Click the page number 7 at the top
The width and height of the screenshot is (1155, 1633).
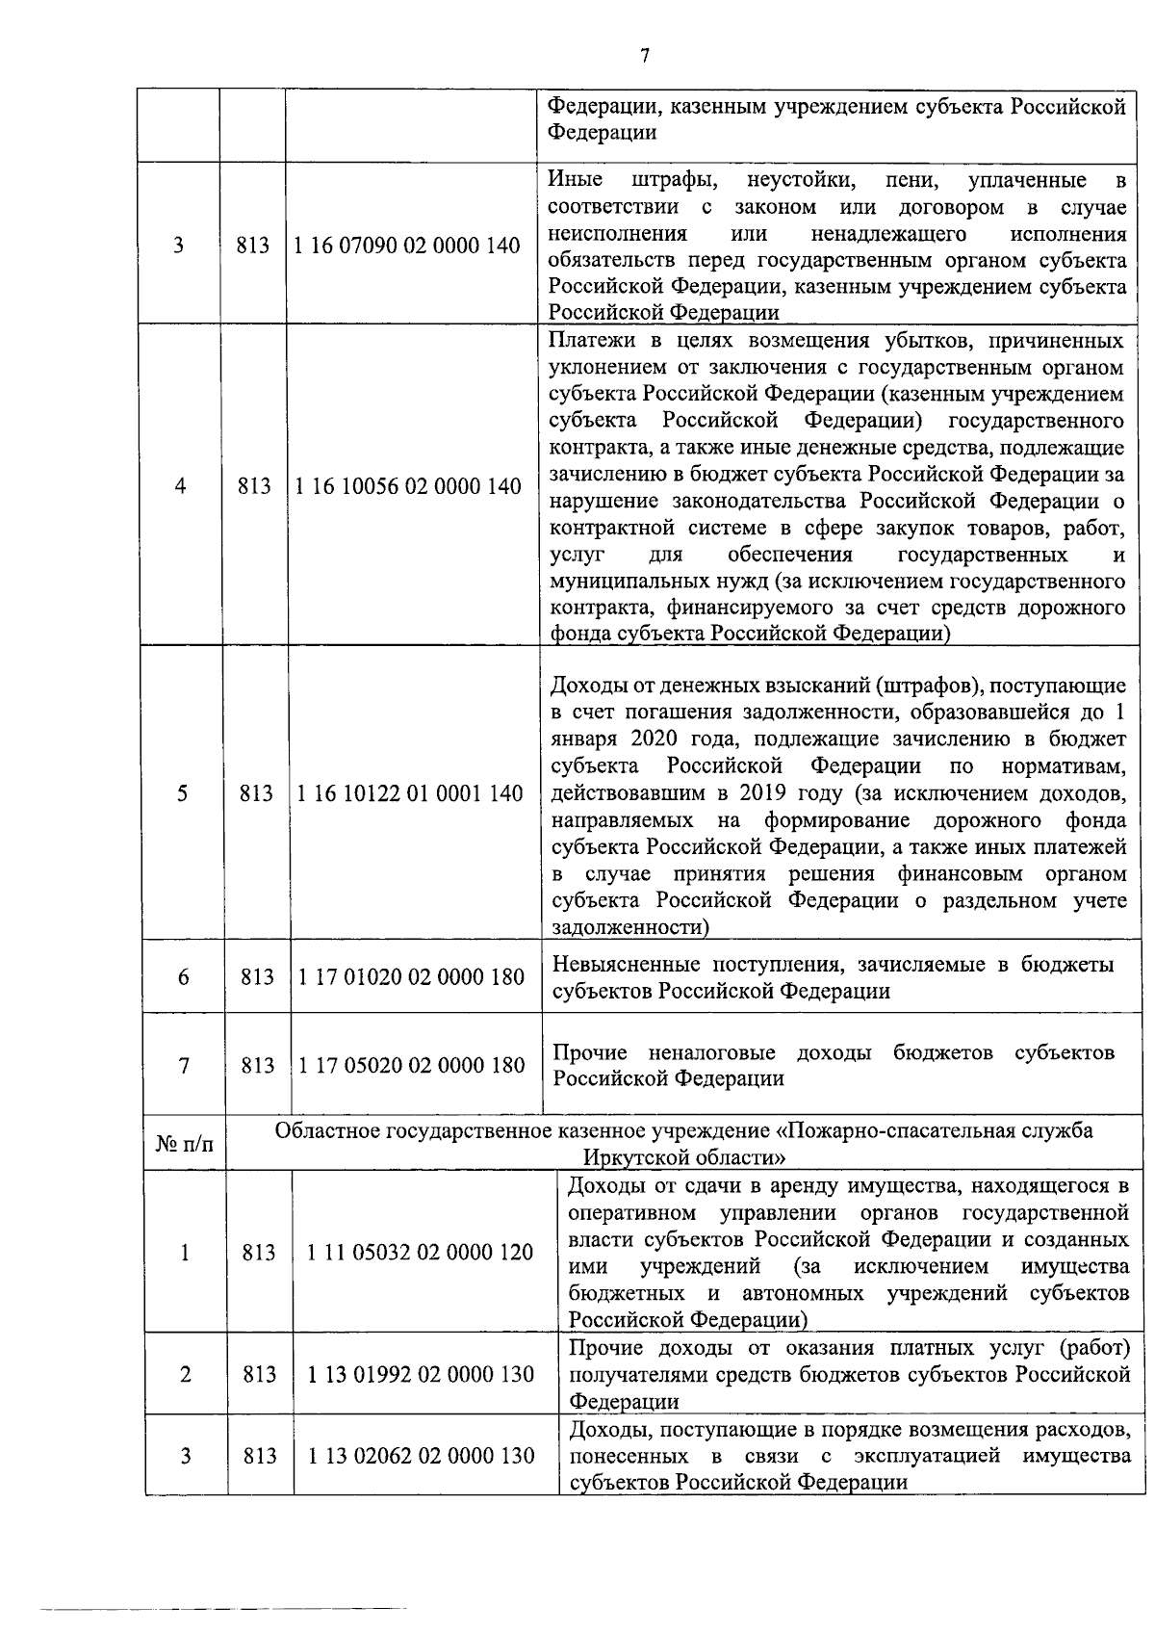click(x=644, y=57)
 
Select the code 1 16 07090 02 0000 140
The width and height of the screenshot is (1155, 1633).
click(x=407, y=246)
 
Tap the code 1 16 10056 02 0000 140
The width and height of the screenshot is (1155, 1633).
click(x=408, y=486)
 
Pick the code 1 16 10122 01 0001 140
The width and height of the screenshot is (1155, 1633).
click(x=410, y=793)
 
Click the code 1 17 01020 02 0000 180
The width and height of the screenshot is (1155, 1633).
click(x=411, y=977)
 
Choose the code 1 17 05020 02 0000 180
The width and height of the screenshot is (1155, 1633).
click(x=412, y=1065)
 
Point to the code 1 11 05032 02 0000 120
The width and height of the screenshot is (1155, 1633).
click(x=420, y=1252)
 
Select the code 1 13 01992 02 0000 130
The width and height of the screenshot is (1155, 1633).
click(x=421, y=1374)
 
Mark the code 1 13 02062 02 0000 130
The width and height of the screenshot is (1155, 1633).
click(x=421, y=1456)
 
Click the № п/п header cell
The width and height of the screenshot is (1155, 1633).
click(x=185, y=1144)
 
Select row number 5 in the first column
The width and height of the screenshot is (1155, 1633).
click(x=182, y=793)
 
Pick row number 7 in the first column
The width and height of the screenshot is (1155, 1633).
click(x=183, y=1065)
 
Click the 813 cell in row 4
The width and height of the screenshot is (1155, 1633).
click(x=254, y=486)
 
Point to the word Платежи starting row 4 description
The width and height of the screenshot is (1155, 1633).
click(x=585, y=341)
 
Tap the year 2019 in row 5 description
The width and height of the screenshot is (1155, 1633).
click(x=764, y=793)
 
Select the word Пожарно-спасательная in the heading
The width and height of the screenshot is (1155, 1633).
click(x=896, y=1130)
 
